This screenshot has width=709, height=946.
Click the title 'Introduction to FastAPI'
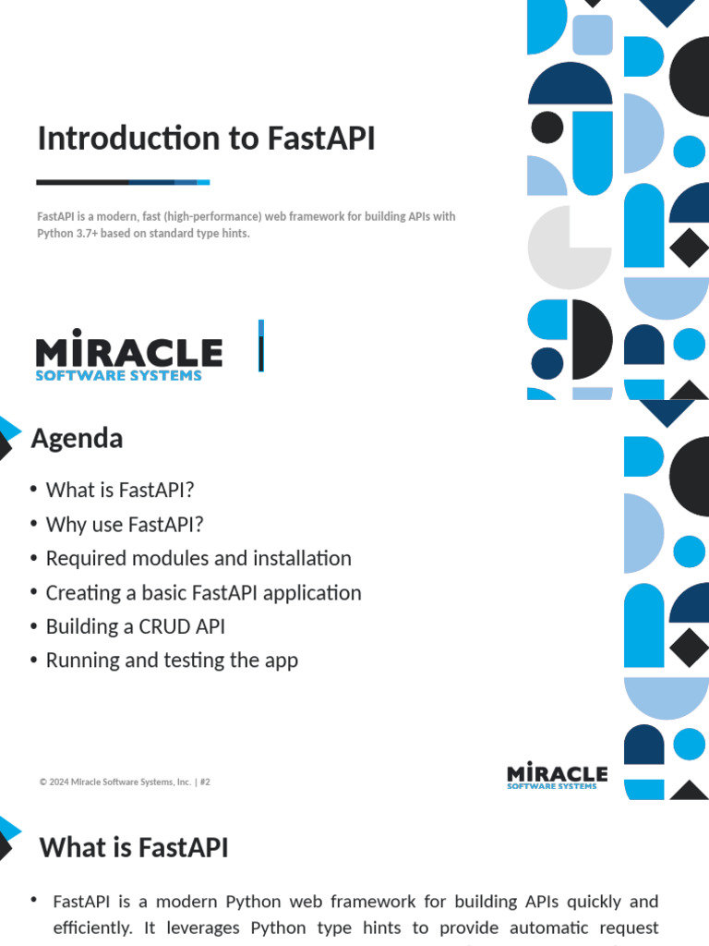206,139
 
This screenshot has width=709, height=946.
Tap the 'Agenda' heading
77,439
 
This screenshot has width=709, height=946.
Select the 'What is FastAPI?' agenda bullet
120,490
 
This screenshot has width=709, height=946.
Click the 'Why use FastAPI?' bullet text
125,525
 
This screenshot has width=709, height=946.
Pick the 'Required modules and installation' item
198,558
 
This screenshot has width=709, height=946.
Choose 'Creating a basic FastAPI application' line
204,592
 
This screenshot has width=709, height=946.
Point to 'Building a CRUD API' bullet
136,626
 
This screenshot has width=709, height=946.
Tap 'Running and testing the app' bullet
172,661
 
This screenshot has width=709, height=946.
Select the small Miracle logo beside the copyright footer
557,775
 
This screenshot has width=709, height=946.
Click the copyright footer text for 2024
115,782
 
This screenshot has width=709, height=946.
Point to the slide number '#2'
205,782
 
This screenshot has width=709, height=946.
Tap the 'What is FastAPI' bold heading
134,847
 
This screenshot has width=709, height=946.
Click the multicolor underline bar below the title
123,182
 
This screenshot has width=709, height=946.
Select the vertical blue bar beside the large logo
261,346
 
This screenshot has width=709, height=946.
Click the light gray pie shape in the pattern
569,248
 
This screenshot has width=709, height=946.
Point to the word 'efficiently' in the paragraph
92,928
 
